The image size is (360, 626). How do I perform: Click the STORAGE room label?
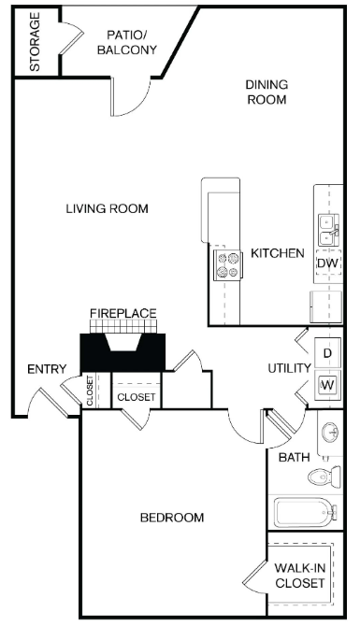[35, 42]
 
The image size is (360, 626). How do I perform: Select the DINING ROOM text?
[266, 92]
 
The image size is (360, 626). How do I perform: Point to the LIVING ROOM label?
[107, 208]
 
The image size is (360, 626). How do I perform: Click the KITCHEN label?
[276, 253]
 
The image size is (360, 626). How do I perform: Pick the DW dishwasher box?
[326, 263]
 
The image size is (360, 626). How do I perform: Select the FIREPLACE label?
[122, 313]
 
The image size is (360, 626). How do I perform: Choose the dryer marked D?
[328, 354]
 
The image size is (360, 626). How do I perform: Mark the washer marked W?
[328, 384]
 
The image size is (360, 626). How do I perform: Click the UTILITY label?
[288, 368]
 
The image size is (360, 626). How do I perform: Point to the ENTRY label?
[45, 370]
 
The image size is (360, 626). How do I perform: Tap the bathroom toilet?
[322, 478]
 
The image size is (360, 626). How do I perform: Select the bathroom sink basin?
[328, 434]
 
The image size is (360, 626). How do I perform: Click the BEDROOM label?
[172, 517]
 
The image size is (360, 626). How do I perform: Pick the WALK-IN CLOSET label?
[300, 576]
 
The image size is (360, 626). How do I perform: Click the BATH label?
[294, 457]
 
